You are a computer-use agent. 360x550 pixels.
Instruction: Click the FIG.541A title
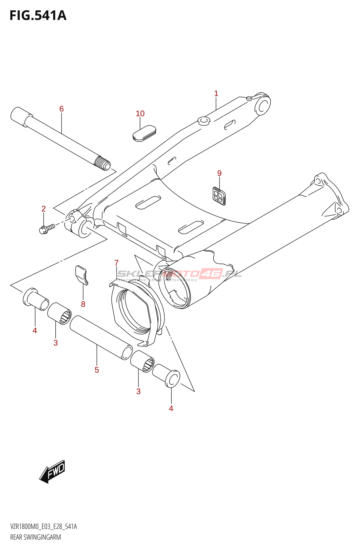coord(38,15)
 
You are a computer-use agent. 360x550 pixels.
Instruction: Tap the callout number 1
coord(216,93)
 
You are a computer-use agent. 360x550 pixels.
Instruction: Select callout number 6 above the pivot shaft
coord(61,109)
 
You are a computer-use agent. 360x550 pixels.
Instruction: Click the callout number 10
coord(140,114)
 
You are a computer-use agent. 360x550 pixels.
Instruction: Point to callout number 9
coord(220,174)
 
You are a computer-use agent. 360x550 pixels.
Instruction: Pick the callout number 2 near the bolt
coord(44,209)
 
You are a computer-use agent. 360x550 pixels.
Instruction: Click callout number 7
coord(116,263)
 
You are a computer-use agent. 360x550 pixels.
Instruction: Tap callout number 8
coord(83,304)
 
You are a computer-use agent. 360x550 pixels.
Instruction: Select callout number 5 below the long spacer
coord(97,370)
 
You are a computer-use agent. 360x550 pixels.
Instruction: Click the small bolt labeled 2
coord(47,228)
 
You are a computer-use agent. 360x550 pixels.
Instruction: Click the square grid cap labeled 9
coord(218,196)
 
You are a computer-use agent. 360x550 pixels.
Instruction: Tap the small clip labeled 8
coord(81,275)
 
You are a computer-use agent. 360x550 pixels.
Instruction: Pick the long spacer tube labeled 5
coord(101,338)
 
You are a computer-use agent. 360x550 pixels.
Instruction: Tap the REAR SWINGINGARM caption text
coord(36,537)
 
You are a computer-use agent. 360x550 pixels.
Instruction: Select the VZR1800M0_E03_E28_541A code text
coord(44,527)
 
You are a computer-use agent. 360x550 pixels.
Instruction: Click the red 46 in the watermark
coord(212,274)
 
